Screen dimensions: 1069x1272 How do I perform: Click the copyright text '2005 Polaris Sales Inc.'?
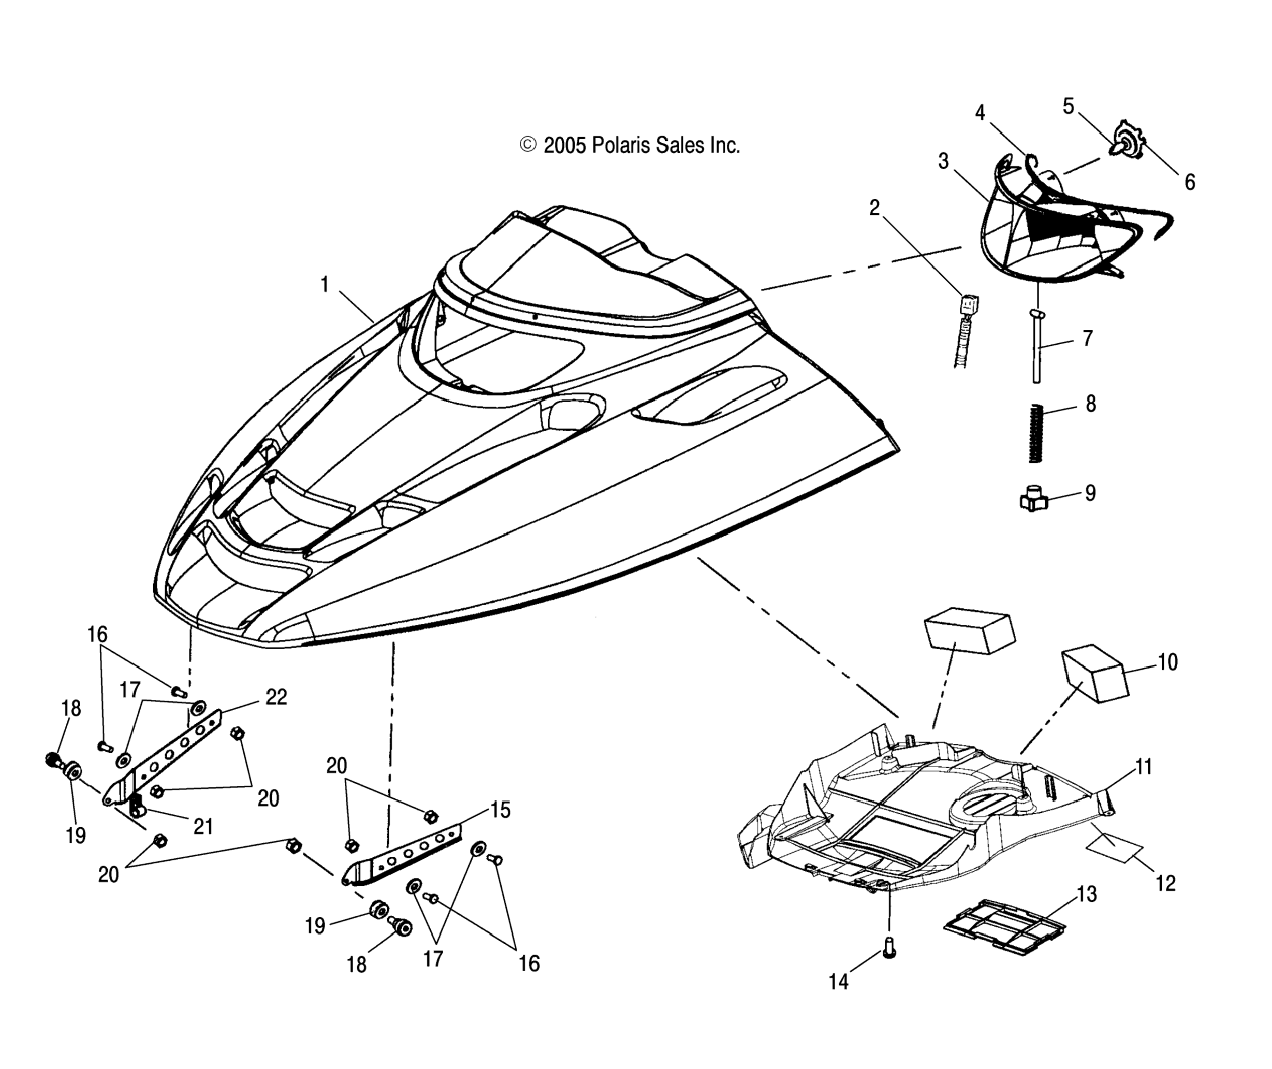pos(641,146)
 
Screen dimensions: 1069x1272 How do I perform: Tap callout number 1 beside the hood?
pos(325,284)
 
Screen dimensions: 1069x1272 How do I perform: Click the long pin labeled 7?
pos(1037,346)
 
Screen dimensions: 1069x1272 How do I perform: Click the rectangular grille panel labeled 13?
pos(1004,927)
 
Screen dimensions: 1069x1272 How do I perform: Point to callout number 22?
pos(276,697)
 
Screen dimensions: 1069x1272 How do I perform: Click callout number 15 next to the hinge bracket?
pos(500,810)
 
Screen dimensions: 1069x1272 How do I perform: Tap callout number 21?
pos(203,826)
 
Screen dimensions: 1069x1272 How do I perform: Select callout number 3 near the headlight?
pos(944,162)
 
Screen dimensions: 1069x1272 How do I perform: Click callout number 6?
pos(1190,182)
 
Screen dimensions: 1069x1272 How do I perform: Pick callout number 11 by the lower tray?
pos(1143,767)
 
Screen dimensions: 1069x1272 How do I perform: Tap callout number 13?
pos(1087,895)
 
